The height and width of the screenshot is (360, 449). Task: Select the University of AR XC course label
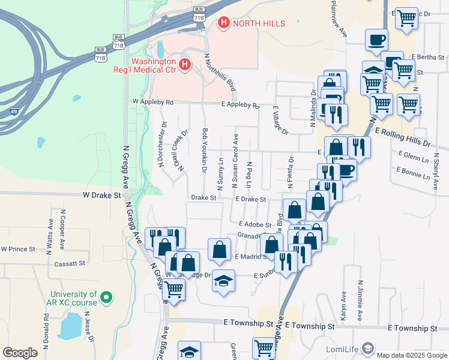tap(74, 298)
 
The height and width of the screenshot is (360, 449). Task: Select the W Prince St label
tap(18, 249)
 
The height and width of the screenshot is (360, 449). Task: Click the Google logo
tap(20, 353)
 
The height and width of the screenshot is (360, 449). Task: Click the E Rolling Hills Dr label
tap(403, 137)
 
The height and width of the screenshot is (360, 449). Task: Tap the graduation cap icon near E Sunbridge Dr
tap(223, 281)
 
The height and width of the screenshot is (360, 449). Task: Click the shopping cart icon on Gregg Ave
tap(173, 289)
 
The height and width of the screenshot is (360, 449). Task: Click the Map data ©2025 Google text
tap(411, 355)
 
